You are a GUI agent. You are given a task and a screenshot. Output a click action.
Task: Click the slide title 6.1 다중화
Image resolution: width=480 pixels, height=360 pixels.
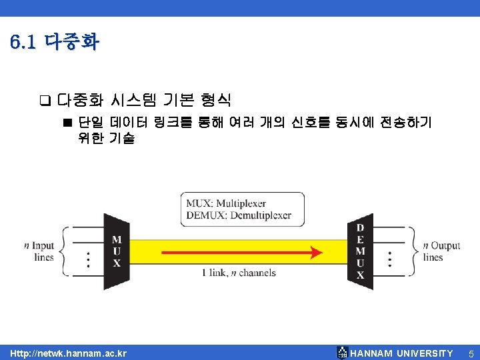point(55,43)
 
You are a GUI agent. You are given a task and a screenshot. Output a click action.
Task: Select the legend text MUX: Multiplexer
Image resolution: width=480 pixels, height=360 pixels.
point(226,203)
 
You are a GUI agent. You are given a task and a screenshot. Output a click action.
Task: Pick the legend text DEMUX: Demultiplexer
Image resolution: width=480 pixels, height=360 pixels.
point(239,215)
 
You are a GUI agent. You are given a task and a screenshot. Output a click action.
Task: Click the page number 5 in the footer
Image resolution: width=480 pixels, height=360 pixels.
point(470,353)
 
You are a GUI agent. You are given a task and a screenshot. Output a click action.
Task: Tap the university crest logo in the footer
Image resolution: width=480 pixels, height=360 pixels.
point(342,352)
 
